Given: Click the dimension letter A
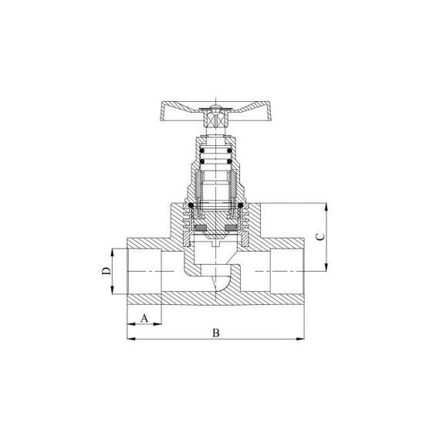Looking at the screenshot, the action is coord(144,318).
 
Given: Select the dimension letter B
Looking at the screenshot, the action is coord(216,333).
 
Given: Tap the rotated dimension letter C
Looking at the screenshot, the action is coord(320,237).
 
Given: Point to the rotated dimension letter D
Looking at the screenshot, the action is coord(106,271).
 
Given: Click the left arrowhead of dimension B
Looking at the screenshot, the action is coord(131,339).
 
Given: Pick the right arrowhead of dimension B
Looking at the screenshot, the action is coord(300,339).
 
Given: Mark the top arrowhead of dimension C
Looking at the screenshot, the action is coord(326,207).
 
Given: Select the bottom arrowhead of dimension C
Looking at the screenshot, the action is coord(326,267).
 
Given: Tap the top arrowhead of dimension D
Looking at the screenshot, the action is coord(112,252).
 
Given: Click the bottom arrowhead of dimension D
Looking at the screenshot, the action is coord(112,290).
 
